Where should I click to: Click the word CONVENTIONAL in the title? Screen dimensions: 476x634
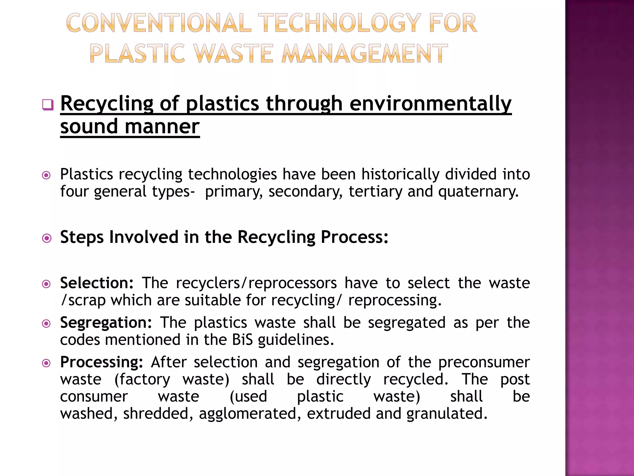158,23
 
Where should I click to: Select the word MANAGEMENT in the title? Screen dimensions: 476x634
365,53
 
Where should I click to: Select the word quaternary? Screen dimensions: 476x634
478,192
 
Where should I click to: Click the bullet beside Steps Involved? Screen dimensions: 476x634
47,238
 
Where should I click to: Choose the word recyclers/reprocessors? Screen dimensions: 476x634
256,283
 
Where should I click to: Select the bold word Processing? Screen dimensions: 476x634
102,362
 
